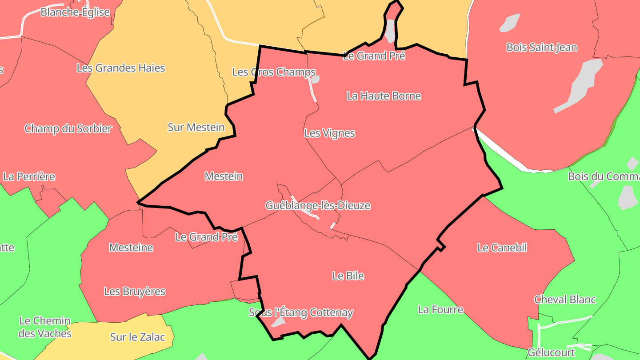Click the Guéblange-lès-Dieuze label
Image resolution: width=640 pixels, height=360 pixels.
(318, 206)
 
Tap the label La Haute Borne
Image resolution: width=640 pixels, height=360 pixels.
(384, 96)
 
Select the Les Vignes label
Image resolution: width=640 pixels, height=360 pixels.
(330, 133)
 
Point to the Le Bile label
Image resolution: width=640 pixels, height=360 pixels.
(348, 276)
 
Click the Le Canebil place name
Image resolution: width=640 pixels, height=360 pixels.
(502, 248)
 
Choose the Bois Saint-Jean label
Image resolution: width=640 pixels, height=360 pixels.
(542, 48)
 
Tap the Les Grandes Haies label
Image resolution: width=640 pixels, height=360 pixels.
(121, 68)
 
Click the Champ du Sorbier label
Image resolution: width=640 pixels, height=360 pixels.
(68, 129)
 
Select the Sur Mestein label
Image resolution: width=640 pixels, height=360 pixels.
(196, 128)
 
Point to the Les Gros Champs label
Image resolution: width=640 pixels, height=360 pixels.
(274, 72)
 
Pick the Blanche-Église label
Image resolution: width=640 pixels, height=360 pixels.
(75, 12)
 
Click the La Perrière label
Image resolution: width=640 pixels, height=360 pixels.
(29, 177)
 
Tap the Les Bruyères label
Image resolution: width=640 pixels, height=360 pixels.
(135, 292)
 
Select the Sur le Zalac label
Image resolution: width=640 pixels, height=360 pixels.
(137, 337)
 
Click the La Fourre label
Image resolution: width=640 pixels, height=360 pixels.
(440, 310)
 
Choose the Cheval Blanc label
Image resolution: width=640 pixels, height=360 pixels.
(565, 300)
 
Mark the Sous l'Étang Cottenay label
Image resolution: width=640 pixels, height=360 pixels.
(301, 313)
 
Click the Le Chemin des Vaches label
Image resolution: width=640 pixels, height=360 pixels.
(45, 327)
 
